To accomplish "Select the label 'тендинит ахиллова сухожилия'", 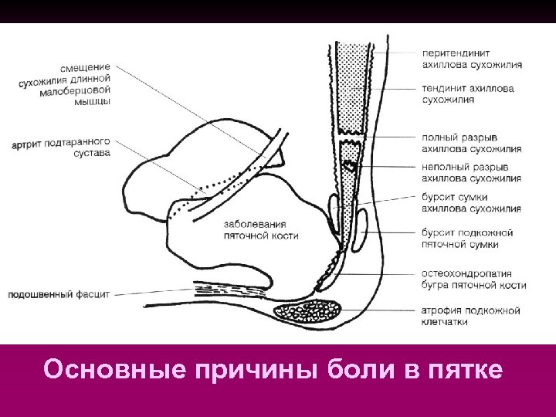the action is tap(468, 94).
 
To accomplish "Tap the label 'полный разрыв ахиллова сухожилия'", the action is tap(472, 144).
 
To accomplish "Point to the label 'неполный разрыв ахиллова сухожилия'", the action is tap(472, 172).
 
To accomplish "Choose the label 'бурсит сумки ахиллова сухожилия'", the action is tap(472, 202).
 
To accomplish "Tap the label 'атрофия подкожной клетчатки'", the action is tap(470, 316).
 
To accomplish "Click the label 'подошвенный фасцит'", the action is tap(59, 294).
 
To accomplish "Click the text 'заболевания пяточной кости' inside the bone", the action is tap(261, 230).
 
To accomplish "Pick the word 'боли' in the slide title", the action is tap(356, 370).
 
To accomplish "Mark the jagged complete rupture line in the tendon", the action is tap(351, 144).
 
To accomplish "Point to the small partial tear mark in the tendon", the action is tap(350, 164).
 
